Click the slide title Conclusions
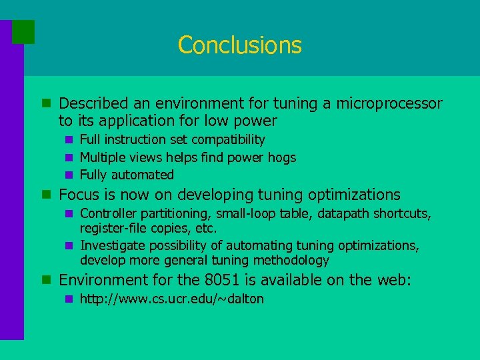(240, 45)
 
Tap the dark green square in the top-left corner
(23, 31)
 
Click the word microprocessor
(389, 104)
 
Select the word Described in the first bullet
(94, 104)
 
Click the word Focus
(79, 195)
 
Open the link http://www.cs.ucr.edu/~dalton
(171, 299)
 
